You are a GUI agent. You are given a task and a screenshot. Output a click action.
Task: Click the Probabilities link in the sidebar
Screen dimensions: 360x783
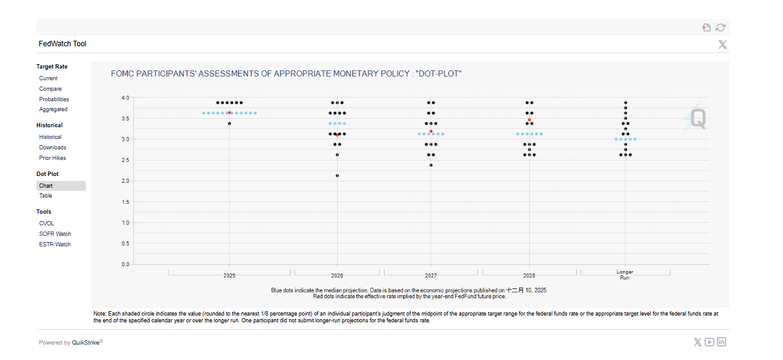[x=54, y=99]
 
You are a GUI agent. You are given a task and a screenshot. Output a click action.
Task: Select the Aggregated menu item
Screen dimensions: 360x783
[x=53, y=109]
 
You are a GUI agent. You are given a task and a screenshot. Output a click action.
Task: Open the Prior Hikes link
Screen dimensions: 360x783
[x=52, y=158]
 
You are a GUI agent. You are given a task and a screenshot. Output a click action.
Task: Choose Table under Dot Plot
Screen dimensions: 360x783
[x=46, y=196]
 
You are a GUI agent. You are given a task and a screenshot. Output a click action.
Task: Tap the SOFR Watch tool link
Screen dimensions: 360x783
[x=55, y=234]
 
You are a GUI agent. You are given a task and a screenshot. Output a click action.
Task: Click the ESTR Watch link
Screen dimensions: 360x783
[x=54, y=245]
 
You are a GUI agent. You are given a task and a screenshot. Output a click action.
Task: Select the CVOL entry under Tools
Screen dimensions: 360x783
[x=46, y=224]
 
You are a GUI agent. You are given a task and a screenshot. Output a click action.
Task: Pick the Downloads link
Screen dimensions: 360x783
[x=52, y=148]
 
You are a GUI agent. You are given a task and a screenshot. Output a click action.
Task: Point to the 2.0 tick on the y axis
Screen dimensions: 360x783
[x=125, y=181]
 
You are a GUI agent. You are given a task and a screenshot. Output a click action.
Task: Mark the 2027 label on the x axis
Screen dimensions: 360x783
[x=430, y=276]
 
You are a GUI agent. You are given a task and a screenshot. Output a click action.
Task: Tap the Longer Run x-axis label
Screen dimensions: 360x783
[x=625, y=275]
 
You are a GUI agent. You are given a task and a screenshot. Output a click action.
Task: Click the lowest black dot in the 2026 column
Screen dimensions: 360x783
[x=337, y=175]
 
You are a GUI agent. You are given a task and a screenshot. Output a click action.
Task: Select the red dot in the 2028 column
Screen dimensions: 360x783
[x=529, y=120]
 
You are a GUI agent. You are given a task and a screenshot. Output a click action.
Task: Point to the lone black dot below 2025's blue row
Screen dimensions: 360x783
[x=229, y=123]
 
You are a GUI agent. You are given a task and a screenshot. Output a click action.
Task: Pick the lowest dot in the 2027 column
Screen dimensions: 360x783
[x=430, y=165]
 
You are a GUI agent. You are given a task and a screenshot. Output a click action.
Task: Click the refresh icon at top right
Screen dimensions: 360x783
[x=721, y=27]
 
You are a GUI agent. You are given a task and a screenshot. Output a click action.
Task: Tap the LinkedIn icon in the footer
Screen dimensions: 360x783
[x=721, y=342]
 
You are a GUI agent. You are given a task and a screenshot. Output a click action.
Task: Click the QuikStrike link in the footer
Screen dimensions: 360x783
[x=86, y=343]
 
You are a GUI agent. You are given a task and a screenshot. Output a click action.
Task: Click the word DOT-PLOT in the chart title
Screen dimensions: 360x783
[x=439, y=74]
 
